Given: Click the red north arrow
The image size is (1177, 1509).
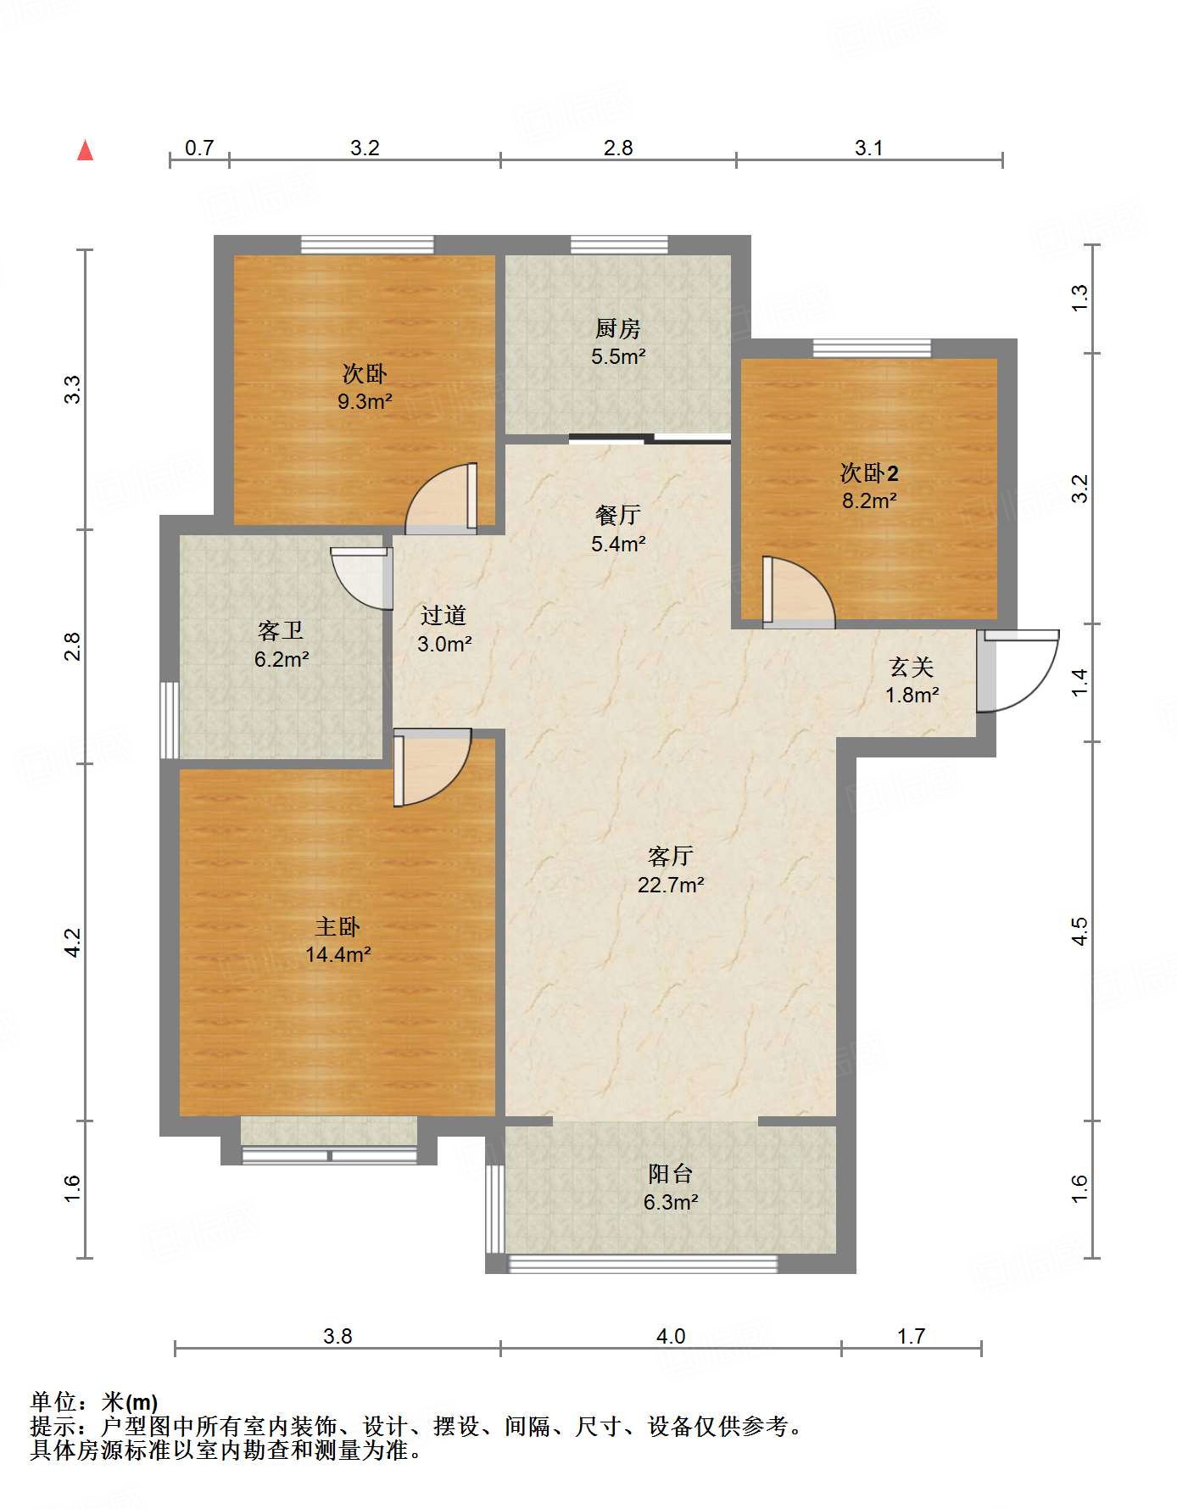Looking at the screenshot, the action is coord(85,150).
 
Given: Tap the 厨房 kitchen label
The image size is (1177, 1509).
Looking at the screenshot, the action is coord(617,328).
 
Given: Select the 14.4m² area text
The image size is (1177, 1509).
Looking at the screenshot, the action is coord(337,955).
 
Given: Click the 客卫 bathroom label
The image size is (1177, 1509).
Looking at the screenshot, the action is coord(281,630).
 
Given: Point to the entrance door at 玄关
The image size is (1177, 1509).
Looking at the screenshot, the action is coord(1018,670).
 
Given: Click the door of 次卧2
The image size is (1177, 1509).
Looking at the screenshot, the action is coord(798,592).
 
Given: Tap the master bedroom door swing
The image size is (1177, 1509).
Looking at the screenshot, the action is coord(432,767).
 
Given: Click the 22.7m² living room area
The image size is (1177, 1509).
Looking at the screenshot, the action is coord(671,886).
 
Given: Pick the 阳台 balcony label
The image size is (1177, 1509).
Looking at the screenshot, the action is coord(670,1174).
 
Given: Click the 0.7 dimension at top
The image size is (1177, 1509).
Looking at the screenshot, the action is coord(199,148).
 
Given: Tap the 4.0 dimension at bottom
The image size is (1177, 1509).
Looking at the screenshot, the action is coord(670,1337).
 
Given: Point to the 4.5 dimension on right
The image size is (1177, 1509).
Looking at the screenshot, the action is coord(1079,931).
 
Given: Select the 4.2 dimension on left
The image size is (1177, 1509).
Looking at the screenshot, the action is coord(73,942).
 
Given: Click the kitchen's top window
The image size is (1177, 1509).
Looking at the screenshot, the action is coord(619,245).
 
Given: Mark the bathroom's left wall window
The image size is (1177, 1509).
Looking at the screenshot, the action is coord(170,719).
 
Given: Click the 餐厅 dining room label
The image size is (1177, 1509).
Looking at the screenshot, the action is coord(617,515).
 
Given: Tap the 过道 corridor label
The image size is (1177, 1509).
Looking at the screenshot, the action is coord(443,616).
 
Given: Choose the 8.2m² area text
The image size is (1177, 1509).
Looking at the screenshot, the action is coord(869,501).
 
